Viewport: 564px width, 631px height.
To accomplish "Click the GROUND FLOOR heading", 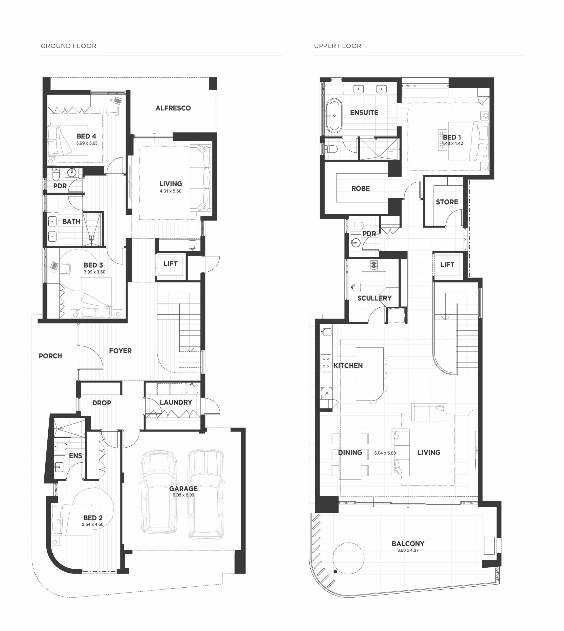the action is [x=69, y=46].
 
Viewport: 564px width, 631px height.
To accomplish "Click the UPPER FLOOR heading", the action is [x=338, y=46].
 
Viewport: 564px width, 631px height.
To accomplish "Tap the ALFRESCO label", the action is [x=173, y=108].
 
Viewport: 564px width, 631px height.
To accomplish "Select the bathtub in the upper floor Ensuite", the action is [x=335, y=116].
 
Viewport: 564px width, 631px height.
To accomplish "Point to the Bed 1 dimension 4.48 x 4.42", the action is [x=452, y=143].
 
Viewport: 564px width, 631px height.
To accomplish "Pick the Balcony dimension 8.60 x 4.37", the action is [x=408, y=550].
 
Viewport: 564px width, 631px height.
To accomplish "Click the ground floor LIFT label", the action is [x=170, y=264].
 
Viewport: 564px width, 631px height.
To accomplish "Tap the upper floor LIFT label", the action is [x=447, y=265].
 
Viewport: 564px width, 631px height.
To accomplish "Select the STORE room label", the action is [x=447, y=202].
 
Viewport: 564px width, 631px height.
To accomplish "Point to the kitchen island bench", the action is [x=370, y=374].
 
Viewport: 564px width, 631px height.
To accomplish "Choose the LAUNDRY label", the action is [x=176, y=402].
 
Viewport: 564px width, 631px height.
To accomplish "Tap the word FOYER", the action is [x=120, y=351].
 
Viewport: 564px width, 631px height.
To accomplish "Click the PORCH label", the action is [x=50, y=356].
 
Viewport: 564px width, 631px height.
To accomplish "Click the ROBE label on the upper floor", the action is [x=360, y=188].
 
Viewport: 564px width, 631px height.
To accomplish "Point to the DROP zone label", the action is [x=102, y=403].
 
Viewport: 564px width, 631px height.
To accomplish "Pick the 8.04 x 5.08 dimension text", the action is [x=385, y=453].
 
